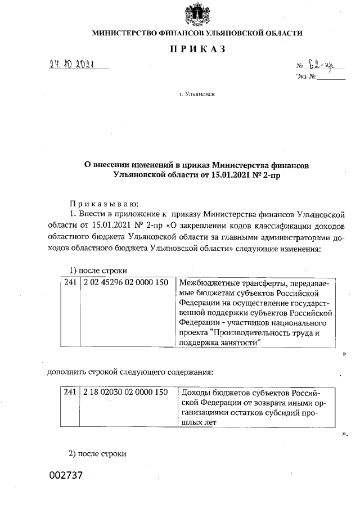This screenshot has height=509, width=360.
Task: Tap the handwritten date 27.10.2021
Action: (71, 65)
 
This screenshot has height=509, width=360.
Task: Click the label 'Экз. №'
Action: (304, 76)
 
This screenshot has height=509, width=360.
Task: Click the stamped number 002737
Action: (66, 475)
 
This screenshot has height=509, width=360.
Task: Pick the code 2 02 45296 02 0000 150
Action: (125, 282)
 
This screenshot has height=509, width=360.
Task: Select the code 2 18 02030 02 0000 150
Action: (125, 391)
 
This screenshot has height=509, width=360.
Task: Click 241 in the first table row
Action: (70, 282)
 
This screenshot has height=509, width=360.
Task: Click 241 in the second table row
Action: (70, 391)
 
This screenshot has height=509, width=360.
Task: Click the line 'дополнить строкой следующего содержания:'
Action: (130, 372)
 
